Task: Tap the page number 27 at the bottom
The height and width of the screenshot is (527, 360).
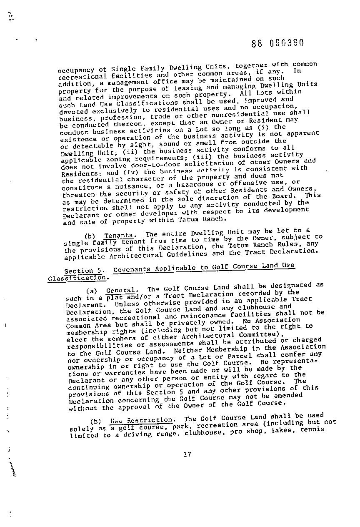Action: tap(187, 454)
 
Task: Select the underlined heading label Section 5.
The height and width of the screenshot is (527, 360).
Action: tap(85, 271)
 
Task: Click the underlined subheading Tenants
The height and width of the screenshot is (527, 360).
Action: tap(118, 236)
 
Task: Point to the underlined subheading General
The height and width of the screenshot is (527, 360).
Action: tap(121, 290)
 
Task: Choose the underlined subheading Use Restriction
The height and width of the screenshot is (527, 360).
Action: tap(141, 420)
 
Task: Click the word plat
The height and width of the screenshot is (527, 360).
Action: tap(114, 297)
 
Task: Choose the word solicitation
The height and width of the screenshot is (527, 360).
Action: tap(212, 163)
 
